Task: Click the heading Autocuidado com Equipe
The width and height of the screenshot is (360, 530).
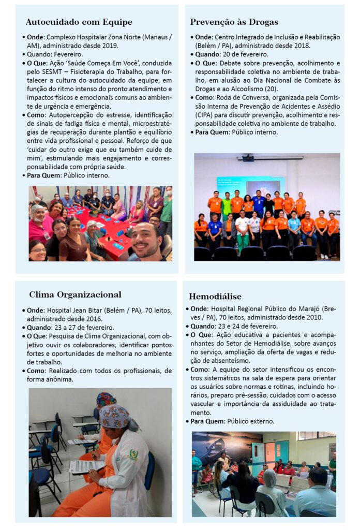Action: pos(79,22)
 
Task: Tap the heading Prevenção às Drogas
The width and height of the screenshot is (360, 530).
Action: pos(234,22)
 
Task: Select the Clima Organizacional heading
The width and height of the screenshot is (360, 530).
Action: pos(75,295)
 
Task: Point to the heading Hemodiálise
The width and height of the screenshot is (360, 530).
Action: pos(215,297)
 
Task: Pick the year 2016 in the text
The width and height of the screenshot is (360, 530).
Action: pos(93,319)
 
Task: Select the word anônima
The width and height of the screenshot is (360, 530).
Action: pos(64,379)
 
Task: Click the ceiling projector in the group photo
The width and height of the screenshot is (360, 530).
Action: pos(249,158)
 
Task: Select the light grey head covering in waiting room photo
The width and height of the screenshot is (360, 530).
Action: pos(270,477)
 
